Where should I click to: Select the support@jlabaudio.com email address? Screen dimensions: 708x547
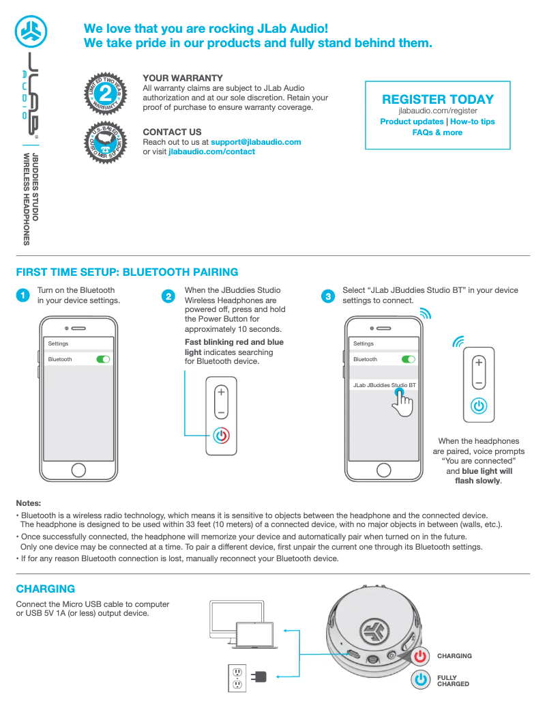256,142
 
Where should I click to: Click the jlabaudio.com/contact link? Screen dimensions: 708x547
211,152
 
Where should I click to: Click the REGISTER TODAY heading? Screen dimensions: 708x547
438,100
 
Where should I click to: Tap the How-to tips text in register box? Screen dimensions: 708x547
473,122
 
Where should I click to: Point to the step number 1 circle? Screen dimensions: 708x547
23,296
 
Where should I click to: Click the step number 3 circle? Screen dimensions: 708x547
329,296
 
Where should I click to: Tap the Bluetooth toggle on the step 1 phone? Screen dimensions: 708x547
103,359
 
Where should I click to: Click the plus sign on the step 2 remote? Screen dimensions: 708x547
221,393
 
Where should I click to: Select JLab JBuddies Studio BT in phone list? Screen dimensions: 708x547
383,385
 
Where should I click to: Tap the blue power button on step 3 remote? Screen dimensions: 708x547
479,405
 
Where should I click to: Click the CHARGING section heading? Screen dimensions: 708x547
46,589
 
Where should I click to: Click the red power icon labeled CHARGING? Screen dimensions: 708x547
421,655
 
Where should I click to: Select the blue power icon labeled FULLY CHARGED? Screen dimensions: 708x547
422,680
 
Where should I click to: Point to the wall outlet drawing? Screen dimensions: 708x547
237,677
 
